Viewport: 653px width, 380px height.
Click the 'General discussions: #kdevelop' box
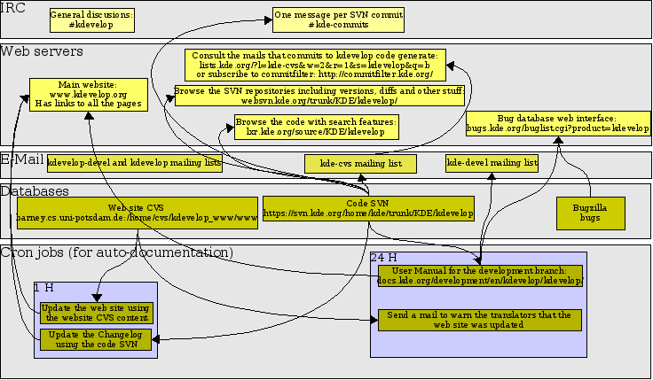coord(90,19)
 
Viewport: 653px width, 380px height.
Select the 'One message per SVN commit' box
coord(338,19)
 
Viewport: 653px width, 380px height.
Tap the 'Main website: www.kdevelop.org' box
coord(87,94)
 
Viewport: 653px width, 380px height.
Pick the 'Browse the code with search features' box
coord(316,126)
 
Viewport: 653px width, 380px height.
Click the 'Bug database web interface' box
coord(557,123)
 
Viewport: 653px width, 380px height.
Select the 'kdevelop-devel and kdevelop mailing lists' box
coord(135,163)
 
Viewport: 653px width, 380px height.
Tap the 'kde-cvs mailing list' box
coord(360,163)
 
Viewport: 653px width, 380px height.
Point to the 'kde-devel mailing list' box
coord(492,163)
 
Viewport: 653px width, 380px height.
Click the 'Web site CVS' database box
coord(138,212)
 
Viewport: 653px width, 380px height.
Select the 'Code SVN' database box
coord(368,208)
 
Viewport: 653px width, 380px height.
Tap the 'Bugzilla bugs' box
coord(590,212)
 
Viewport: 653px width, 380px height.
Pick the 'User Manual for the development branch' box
coord(479,275)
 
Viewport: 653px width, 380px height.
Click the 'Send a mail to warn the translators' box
coord(479,320)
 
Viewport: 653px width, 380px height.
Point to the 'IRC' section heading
coord(13,8)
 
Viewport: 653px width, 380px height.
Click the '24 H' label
coord(383,257)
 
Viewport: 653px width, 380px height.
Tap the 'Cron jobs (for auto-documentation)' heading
coord(116,252)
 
